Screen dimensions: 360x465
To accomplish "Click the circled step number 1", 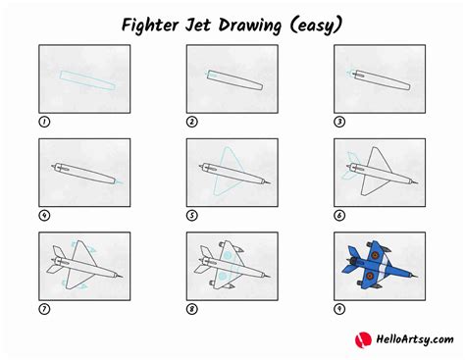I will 44,122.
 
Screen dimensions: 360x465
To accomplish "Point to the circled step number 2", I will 192,122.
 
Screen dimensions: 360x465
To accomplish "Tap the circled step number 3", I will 340,122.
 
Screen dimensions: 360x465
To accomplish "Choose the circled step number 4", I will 44,216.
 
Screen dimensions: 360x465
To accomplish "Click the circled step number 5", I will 192,216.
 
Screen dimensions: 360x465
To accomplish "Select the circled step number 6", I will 340,216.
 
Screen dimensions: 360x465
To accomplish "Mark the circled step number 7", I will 44,309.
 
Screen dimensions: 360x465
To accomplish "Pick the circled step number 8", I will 192,309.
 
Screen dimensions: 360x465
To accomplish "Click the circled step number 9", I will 340,309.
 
